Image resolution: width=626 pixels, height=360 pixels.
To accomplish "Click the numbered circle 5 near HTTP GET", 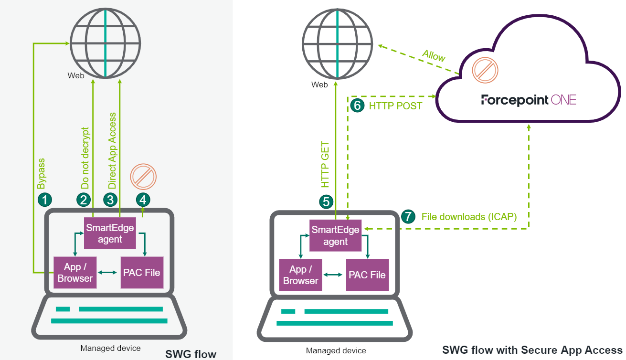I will click(x=327, y=201).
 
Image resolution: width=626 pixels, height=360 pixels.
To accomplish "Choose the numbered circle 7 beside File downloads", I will click(x=408, y=216).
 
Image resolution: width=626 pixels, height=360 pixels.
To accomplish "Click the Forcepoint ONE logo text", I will click(x=529, y=100).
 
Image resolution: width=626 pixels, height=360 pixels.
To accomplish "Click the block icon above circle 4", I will click(x=143, y=177).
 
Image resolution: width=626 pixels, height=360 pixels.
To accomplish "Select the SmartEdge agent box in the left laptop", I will click(x=110, y=233).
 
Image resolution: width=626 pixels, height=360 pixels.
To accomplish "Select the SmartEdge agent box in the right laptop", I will click(x=335, y=235).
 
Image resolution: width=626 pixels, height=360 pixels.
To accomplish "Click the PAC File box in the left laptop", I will click(x=142, y=273).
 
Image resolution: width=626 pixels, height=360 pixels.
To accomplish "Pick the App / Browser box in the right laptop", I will click(x=300, y=275).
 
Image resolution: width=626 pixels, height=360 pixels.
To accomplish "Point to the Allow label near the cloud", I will click(x=434, y=55).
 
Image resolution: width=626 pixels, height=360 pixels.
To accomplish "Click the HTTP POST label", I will click(x=395, y=106).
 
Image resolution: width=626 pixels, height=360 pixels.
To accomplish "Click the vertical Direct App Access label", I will click(x=112, y=150).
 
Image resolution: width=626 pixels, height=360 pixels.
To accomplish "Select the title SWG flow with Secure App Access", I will click(x=532, y=349).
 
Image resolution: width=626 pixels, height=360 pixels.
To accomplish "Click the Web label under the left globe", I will click(x=76, y=75).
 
